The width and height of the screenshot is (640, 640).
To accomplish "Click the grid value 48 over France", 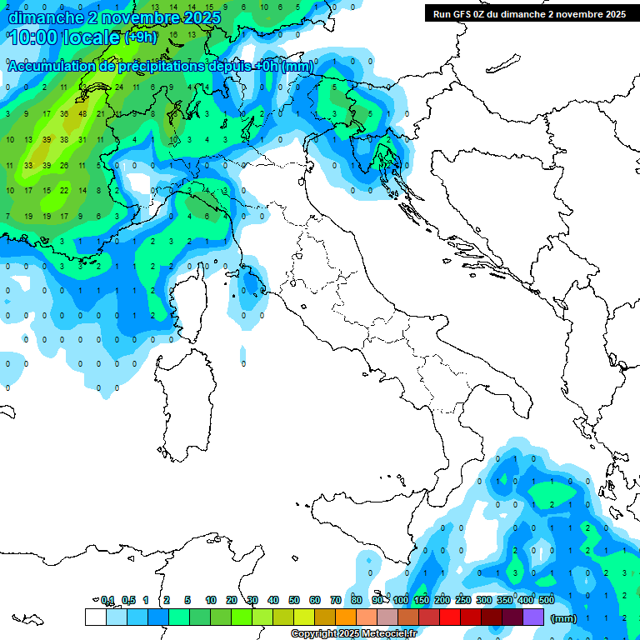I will (x=82, y=113).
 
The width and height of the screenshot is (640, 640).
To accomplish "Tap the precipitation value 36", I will (x=64, y=113).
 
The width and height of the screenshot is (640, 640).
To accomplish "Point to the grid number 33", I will (x=27, y=165).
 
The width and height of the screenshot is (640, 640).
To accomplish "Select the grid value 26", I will (x=64, y=165).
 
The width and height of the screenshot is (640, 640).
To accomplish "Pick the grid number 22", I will (x=64, y=191).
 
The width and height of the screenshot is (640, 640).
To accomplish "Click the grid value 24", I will (x=118, y=87).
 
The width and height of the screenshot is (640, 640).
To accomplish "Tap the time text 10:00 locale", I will (x=65, y=37).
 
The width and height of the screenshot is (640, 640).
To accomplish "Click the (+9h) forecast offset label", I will (x=140, y=37).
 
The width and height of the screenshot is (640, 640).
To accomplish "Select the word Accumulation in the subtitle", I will (x=51, y=66).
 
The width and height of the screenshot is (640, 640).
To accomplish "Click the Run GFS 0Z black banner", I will (x=529, y=14).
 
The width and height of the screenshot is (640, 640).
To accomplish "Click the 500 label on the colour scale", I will (x=546, y=600).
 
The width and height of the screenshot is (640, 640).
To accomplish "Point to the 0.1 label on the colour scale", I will (x=107, y=600).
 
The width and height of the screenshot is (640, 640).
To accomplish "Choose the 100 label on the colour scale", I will (x=400, y=600).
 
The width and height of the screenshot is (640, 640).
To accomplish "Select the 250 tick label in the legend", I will (x=462, y=600).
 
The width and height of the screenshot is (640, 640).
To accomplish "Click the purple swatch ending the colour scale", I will (x=533, y=617).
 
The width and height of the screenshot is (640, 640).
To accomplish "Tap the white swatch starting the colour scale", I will (x=95, y=617).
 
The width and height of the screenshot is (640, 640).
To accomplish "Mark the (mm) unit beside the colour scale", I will (x=563, y=618).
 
